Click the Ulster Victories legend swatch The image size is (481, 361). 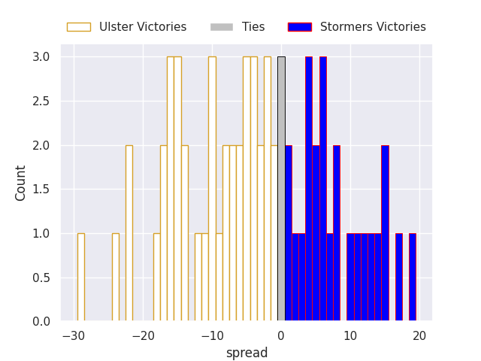78,27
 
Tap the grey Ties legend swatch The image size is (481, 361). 222,27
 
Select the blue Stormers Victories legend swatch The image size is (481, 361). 299,27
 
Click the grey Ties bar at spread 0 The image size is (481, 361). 281,188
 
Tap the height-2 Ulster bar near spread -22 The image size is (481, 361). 129,233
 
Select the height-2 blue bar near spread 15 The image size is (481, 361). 385,233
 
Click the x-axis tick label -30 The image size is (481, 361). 73,336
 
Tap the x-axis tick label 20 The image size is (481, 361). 419,336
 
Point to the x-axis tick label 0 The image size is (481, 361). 281,336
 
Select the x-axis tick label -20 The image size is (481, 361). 142,336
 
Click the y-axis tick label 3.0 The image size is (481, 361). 41,57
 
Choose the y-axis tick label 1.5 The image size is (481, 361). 41,190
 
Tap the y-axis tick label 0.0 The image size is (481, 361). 41,322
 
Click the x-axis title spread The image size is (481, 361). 247,353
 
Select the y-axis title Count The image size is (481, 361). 21,183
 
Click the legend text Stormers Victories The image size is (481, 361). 373,27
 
